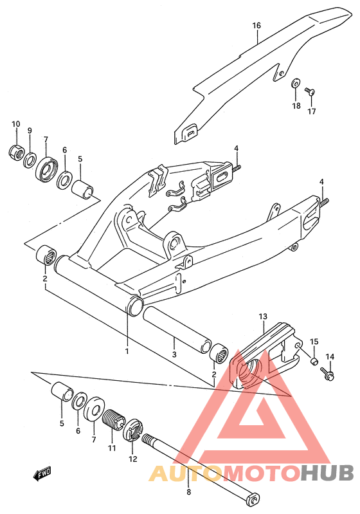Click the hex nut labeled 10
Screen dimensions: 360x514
point(15,152)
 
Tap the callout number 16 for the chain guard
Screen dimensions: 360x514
point(256,25)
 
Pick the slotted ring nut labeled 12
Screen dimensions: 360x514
point(132,429)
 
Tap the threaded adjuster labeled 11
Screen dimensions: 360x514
point(114,419)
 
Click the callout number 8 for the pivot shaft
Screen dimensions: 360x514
point(188,491)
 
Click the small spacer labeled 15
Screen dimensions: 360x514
point(314,362)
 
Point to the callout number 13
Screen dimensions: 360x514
point(263,317)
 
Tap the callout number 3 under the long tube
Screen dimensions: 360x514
point(174,354)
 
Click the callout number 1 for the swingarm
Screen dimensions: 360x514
point(127,351)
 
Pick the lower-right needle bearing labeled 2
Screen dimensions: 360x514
point(219,353)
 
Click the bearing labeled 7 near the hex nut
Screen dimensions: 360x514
point(46,169)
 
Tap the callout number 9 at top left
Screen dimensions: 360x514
point(30,131)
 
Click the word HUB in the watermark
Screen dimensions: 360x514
point(327,473)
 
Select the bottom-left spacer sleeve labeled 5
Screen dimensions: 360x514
point(62,391)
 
